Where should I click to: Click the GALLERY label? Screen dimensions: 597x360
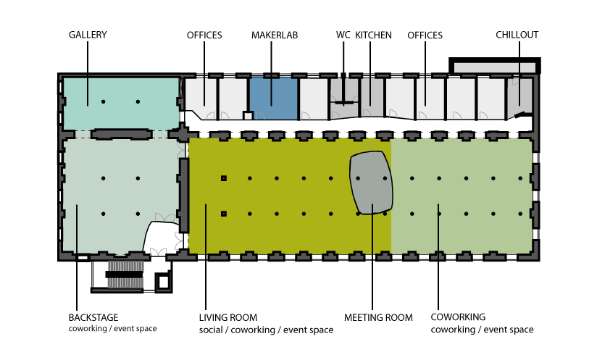(88, 35)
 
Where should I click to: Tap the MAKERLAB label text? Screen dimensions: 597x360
(275, 35)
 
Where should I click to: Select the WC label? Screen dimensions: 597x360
(343, 35)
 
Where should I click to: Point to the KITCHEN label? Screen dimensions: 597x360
(374, 35)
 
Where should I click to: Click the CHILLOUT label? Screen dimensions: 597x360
(517, 35)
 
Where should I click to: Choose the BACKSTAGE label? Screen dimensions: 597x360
(93, 317)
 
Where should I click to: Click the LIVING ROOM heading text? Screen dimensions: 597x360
(228, 317)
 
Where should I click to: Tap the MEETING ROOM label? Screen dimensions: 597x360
(378, 317)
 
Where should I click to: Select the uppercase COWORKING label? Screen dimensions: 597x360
(458, 317)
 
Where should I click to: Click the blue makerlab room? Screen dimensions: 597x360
(273, 99)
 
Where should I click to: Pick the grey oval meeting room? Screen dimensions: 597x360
(371, 183)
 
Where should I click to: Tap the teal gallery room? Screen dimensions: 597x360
(122, 104)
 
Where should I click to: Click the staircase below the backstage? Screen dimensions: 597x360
(125, 275)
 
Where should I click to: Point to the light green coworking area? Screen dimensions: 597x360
(462, 196)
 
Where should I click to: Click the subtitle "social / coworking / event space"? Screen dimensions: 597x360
(266, 330)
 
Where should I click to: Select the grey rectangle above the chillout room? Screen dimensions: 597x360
(495, 68)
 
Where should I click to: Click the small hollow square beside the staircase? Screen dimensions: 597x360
(164, 282)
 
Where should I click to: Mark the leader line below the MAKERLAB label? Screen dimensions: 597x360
(272, 73)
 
